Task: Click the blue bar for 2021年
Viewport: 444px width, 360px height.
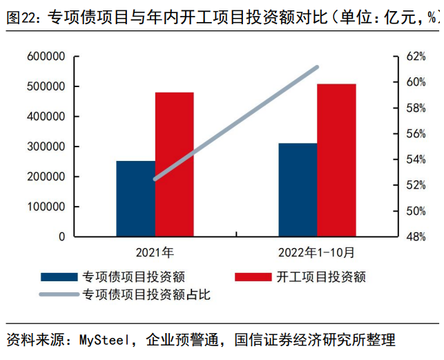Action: click(x=135, y=198)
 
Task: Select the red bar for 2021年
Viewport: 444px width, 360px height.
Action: click(x=174, y=164)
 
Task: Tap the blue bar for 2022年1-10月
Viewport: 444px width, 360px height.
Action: click(x=298, y=189)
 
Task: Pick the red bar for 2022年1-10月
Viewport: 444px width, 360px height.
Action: click(x=336, y=160)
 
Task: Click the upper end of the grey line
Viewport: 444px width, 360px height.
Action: click(x=317, y=67)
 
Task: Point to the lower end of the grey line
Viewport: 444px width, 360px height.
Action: click(x=155, y=178)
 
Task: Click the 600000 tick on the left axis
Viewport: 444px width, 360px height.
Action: click(x=46, y=57)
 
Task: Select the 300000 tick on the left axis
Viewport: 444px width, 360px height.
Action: click(x=46, y=146)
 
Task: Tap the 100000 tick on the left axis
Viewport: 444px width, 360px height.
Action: click(x=46, y=207)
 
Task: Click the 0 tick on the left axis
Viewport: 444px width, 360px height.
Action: click(x=61, y=236)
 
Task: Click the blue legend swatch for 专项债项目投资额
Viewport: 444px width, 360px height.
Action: click(x=59, y=277)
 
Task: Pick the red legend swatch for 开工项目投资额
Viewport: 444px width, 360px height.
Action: click(x=253, y=277)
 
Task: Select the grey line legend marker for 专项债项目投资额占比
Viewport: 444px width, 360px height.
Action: click(x=59, y=295)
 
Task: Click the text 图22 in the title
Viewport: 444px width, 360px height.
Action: click(x=21, y=19)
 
